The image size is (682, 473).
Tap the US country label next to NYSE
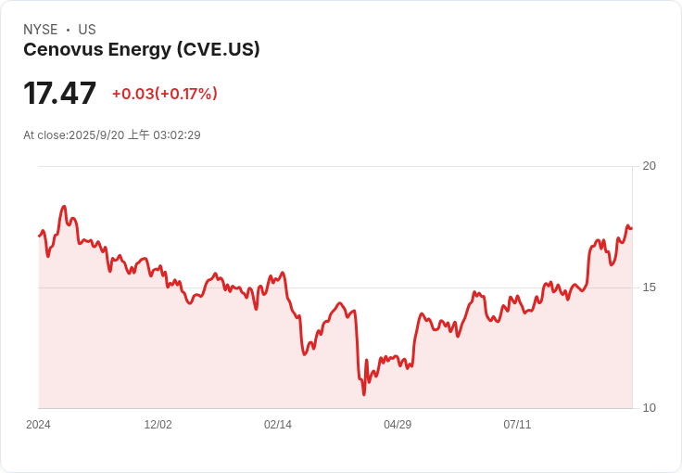pos(87,30)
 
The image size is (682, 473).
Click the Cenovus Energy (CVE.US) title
pos(141,50)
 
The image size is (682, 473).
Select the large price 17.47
pos(59,94)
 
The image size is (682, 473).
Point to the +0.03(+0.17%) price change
pos(165,94)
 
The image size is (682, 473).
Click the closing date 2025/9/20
pos(96,135)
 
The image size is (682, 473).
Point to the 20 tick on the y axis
pos(650,166)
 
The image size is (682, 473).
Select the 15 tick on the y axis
pos(650,288)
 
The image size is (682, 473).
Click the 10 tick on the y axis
pos(650,408)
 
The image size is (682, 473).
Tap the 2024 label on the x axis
pos(38,425)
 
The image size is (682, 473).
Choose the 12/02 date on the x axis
pos(158,425)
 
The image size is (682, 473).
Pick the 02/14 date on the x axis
pos(278,425)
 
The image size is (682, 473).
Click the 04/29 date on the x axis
pos(398,425)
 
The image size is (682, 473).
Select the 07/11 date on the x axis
pos(517,425)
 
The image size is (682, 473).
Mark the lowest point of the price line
pos(364,394)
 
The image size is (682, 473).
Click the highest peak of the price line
pos(64,207)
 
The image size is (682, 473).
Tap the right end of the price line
pos(631,228)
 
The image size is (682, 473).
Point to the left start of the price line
pos(39,236)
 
